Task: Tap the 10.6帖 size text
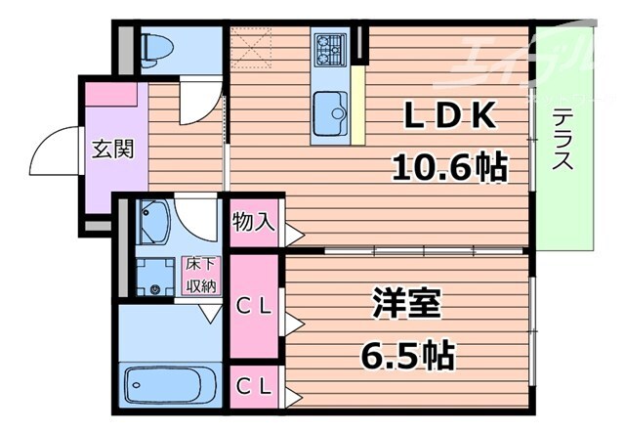pos(449,167)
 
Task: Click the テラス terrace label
pos(562,139)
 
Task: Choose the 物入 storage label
pos(253,221)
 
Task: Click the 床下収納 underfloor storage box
pos(203,276)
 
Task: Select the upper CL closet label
pos(256,306)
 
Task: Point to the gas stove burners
pos(329,46)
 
